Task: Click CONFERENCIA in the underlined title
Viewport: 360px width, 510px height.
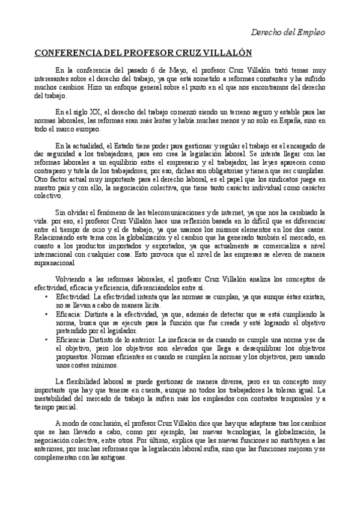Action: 70,52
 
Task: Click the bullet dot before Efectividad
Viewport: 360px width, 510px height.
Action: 47,296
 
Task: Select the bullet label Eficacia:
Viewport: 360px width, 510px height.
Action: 72,314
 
